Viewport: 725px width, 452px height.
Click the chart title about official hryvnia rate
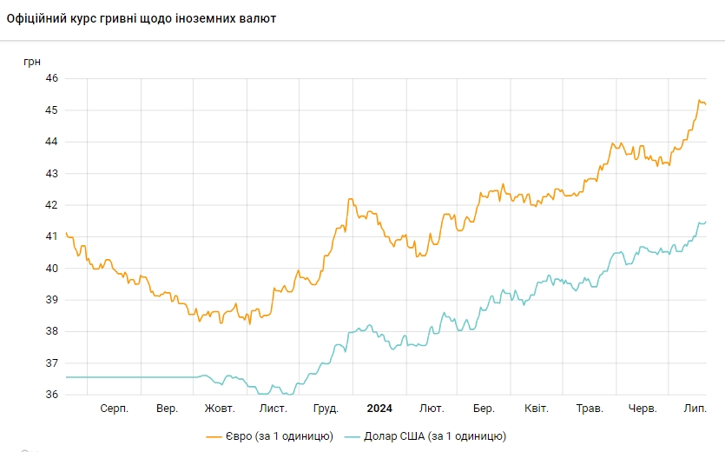142,18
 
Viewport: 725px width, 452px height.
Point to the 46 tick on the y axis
51,78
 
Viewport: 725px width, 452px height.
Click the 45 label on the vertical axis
51,110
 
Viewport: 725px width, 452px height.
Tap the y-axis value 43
51,174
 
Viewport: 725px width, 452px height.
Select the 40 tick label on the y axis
51,269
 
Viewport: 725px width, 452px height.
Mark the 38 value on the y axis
51,331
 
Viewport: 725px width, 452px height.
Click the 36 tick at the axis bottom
51,395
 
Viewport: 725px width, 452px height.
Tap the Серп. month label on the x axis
115,409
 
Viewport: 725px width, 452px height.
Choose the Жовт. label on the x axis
220,409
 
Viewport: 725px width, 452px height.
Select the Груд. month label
326,409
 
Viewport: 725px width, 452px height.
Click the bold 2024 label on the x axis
379,409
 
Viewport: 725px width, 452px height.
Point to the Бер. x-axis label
484,409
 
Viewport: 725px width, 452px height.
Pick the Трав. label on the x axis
590,409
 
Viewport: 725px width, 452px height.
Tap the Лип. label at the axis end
695,409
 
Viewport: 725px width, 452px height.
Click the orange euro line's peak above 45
699,101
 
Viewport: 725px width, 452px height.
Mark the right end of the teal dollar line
705,222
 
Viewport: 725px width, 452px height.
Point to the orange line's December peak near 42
349,199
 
